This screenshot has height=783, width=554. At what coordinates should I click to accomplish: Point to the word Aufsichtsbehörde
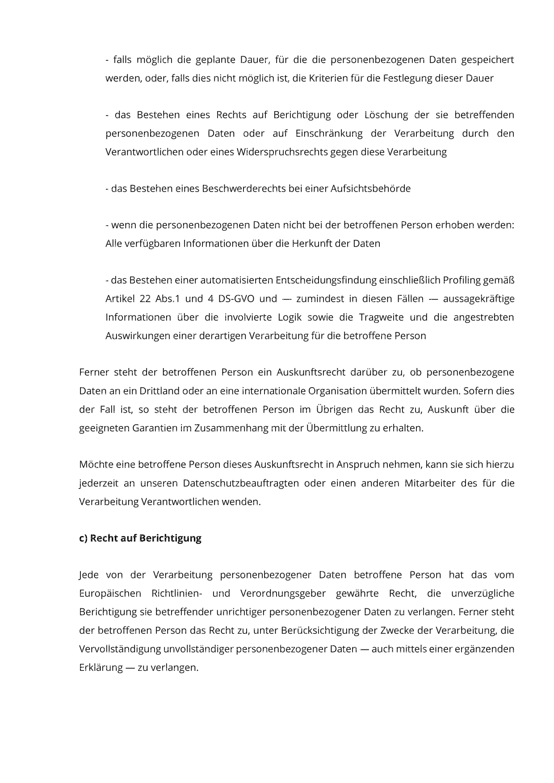point(370,189)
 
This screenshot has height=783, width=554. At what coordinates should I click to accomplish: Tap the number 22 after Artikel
point(145,299)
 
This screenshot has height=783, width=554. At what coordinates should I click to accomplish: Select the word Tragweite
point(381,318)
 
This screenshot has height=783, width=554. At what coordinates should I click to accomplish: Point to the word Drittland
point(159,391)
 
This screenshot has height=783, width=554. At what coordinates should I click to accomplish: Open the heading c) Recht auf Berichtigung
point(140,538)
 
